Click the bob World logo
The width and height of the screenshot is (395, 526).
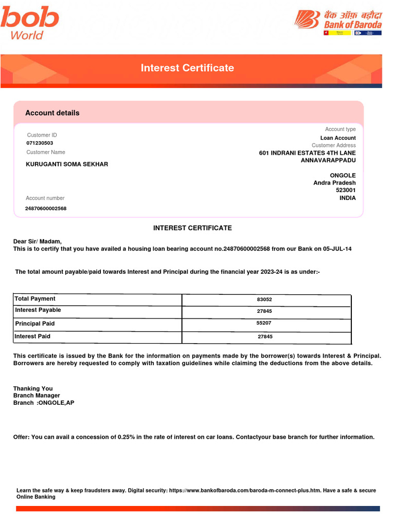point(29,23)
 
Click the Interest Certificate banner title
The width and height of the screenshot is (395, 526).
point(187,68)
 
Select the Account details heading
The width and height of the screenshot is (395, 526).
point(52,113)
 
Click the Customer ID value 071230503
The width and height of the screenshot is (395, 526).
point(40,143)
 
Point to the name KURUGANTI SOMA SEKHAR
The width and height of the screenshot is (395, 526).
point(67,164)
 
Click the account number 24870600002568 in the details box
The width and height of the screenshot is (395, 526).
point(46,209)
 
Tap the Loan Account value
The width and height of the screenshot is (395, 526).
point(338,138)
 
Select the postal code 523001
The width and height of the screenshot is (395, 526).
point(346,190)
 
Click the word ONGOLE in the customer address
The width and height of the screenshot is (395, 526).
point(343,176)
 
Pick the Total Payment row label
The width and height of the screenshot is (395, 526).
point(35,299)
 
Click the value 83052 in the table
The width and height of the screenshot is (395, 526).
point(264,299)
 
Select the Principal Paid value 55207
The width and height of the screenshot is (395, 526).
point(264,324)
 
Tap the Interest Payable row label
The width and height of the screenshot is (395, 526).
point(38,310)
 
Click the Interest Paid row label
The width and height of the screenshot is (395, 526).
point(32,336)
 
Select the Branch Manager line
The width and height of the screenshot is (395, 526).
point(37,396)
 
